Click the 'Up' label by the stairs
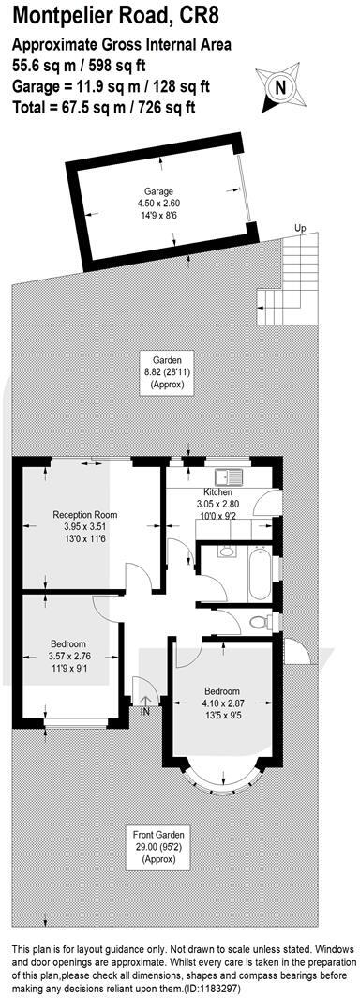[300, 228]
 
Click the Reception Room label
[84, 515]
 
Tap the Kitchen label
[217, 492]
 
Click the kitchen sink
[228, 475]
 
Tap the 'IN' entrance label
[145, 713]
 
